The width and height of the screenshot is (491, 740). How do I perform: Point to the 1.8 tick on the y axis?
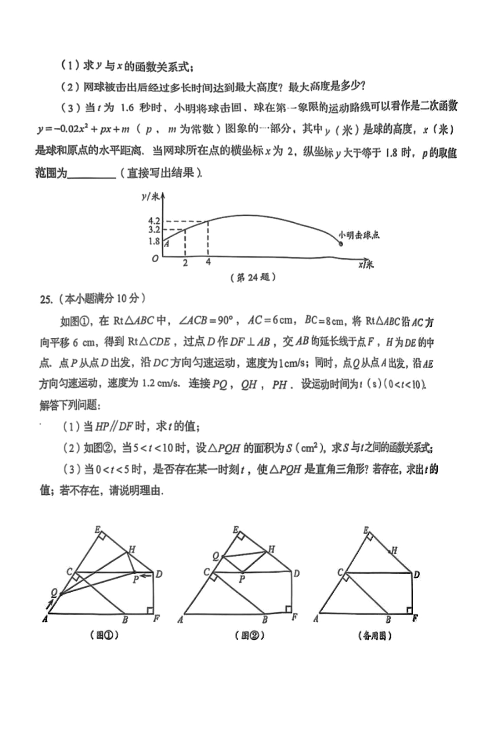[x=154, y=241]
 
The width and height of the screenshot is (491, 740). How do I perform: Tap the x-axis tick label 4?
[x=208, y=262]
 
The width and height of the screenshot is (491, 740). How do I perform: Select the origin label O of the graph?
[x=155, y=258]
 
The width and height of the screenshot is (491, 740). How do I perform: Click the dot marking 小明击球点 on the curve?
[x=341, y=244]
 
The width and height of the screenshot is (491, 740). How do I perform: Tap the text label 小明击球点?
[x=359, y=235]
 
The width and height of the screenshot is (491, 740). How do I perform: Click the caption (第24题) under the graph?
[x=253, y=277]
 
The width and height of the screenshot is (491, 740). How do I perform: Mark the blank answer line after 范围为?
[x=92, y=174]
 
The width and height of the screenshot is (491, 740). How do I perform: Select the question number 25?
[x=46, y=299]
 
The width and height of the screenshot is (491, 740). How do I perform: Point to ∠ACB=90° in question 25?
[x=205, y=320]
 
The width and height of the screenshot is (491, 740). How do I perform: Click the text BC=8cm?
[x=324, y=320]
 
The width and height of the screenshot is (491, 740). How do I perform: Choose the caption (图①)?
[x=105, y=635]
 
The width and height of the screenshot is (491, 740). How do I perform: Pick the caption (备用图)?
[x=375, y=636]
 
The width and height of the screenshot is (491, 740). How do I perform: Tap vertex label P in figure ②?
[x=242, y=579]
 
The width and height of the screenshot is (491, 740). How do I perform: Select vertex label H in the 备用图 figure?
[x=394, y=550]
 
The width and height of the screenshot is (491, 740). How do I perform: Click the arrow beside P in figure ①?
[x=146, y=576]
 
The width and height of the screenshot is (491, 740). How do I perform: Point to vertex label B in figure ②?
[x=265, y=619]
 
